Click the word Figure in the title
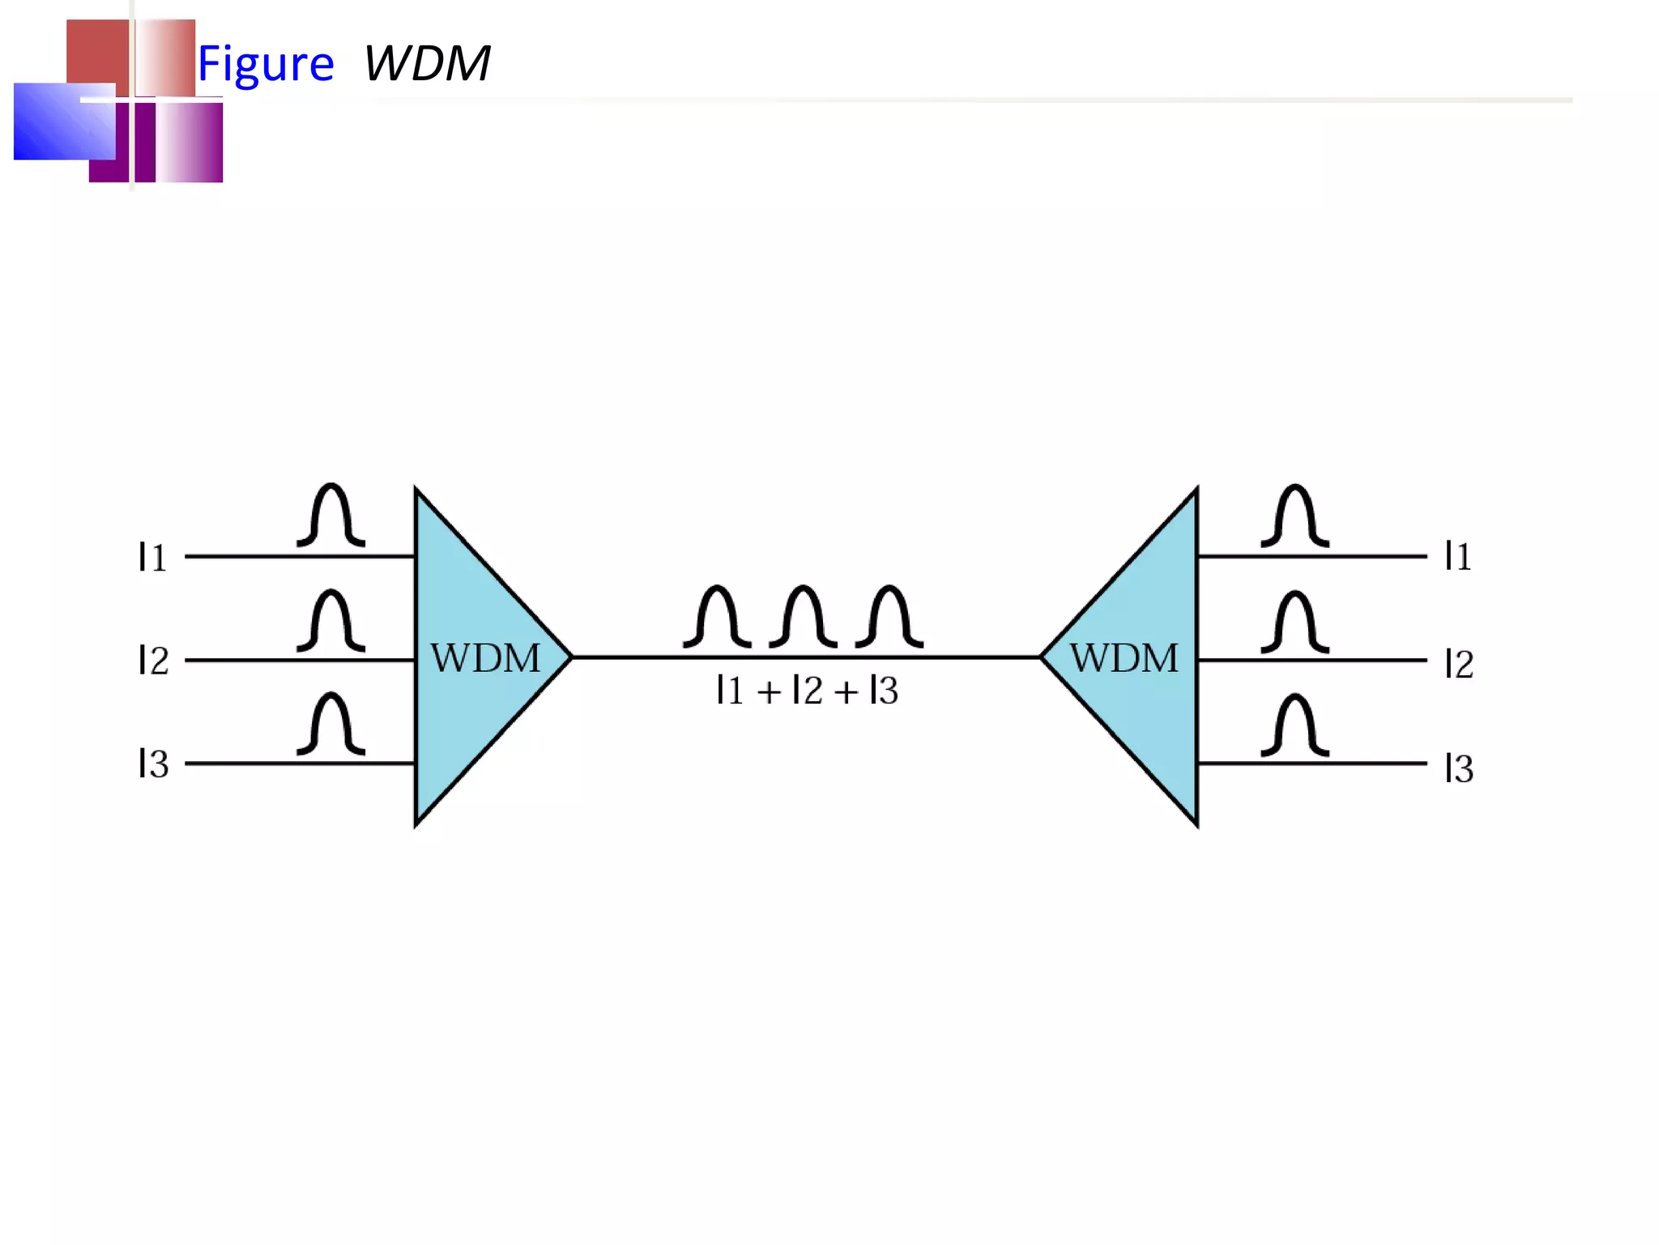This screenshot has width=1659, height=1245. (266, 64)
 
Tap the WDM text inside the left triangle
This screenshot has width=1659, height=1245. (485, 657)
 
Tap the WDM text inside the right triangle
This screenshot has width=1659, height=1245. (1124, 657)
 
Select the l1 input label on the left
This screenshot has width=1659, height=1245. (152, 557)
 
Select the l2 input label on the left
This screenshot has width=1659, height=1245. (153, 660)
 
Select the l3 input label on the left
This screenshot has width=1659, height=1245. (153, 764)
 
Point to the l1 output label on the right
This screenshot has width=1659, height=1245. (1458, 556)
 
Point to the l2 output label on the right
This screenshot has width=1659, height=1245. (1459, 664)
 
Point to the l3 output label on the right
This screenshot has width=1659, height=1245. (1459, 768)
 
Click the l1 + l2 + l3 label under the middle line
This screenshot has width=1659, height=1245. (808, 691)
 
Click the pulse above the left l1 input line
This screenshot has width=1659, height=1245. (331, 516)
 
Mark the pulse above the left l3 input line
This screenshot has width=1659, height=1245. (331, 724)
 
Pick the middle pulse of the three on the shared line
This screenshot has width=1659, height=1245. (803, 617)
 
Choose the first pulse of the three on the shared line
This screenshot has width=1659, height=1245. (717, 617)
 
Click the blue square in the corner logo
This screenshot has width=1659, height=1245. (63, 122)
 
